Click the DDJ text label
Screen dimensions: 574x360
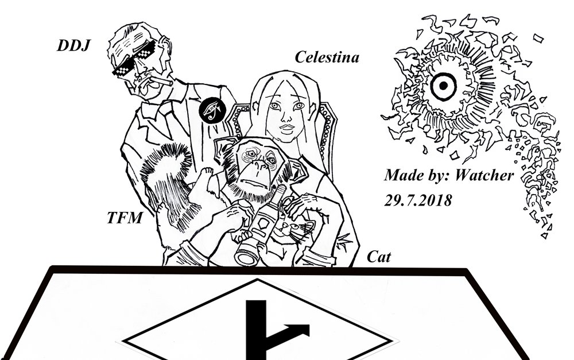tap(73, 46)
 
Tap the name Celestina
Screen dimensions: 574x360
tap(327, 57)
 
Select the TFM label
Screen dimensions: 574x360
tap(125, 218)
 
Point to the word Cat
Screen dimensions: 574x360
tap(379, 257)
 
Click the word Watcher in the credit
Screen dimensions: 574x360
tap(484, 176)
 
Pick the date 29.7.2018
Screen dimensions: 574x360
tap(418, 200)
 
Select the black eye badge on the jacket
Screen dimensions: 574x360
tap(211, 110)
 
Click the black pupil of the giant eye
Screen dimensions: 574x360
tap(443, 86)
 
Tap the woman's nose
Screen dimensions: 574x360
tap(285, 117)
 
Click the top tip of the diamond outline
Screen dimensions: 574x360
tap(257, 279)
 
